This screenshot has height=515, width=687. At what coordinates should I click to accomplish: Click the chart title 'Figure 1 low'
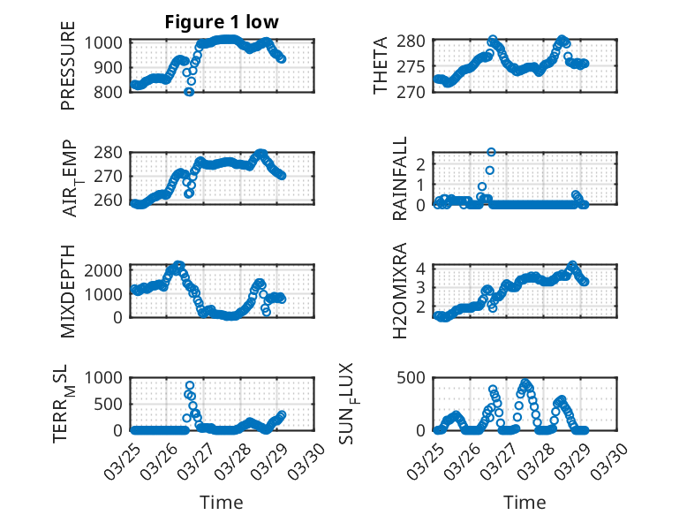[x=222, y=23]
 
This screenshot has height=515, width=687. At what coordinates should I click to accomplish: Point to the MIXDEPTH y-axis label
[x=68, y=292]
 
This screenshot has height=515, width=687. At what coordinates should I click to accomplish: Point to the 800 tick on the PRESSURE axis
[x=114, y=92]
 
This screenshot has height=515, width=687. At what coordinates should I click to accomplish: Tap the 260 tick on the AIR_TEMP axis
[x=114, y=201]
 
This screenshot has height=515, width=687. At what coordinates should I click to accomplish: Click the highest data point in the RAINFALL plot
[x=491, y=152]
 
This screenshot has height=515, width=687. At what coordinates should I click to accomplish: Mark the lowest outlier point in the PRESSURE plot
[x=189, y=92]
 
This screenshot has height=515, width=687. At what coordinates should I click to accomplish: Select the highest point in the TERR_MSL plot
[x=190, y=385]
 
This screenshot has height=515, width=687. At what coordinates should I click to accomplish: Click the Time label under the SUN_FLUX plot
[x=525, y=502]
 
